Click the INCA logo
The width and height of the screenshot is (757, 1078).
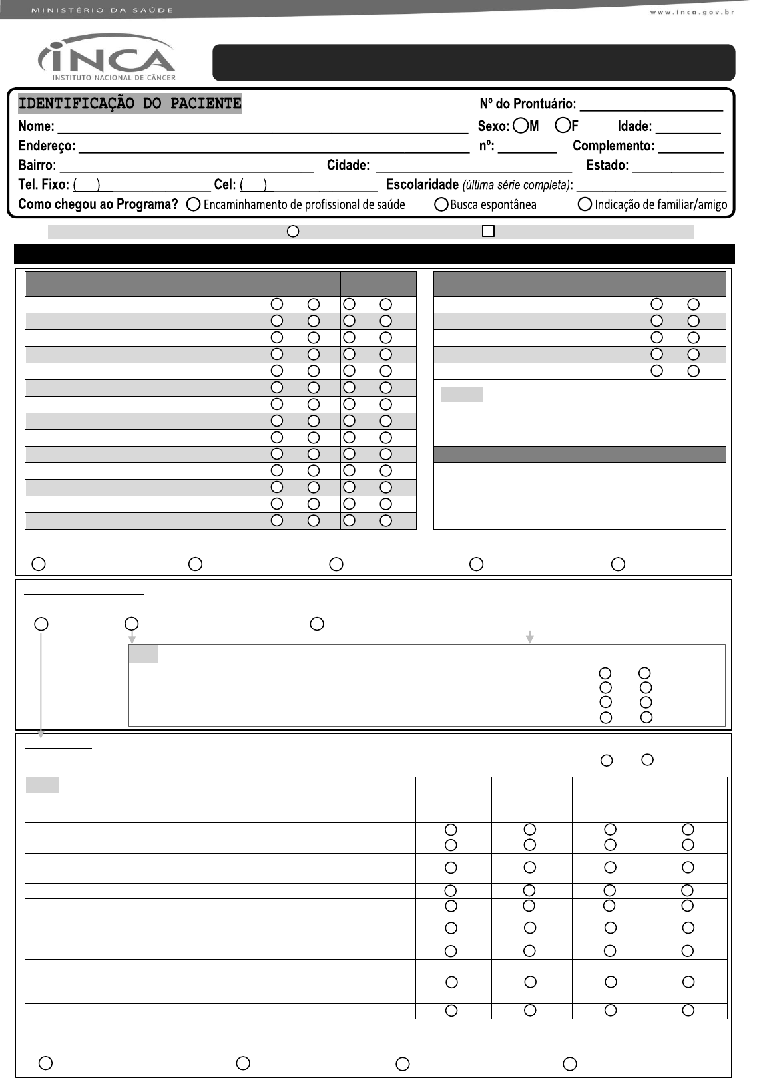[x=107, y=58]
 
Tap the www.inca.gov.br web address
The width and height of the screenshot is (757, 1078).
[x=692, y=12]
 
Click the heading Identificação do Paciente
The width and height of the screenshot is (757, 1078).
[x=130, y=104]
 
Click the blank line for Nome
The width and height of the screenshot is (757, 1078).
[x=262, y=129]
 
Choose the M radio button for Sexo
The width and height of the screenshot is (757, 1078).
[x=521, y=126]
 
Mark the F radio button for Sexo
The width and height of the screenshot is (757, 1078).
[x=563, y=126]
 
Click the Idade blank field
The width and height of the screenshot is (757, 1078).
[x=688, y=129]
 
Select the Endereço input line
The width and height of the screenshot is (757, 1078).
[x=273, y=148]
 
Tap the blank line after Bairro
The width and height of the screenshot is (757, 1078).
[x=186, y=168]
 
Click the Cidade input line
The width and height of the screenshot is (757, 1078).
[x=473, y=168]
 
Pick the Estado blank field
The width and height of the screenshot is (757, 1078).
[x=678, y=168]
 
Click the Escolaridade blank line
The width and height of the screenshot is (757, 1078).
[x=651, y=187]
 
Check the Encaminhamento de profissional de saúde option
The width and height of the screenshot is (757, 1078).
[x=194, y=205]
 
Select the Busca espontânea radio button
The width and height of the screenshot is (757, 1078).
[x=441, y=205]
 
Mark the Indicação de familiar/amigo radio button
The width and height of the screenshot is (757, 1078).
[x=585, y=205]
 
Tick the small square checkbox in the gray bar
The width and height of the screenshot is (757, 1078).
[x=488, y=231]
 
